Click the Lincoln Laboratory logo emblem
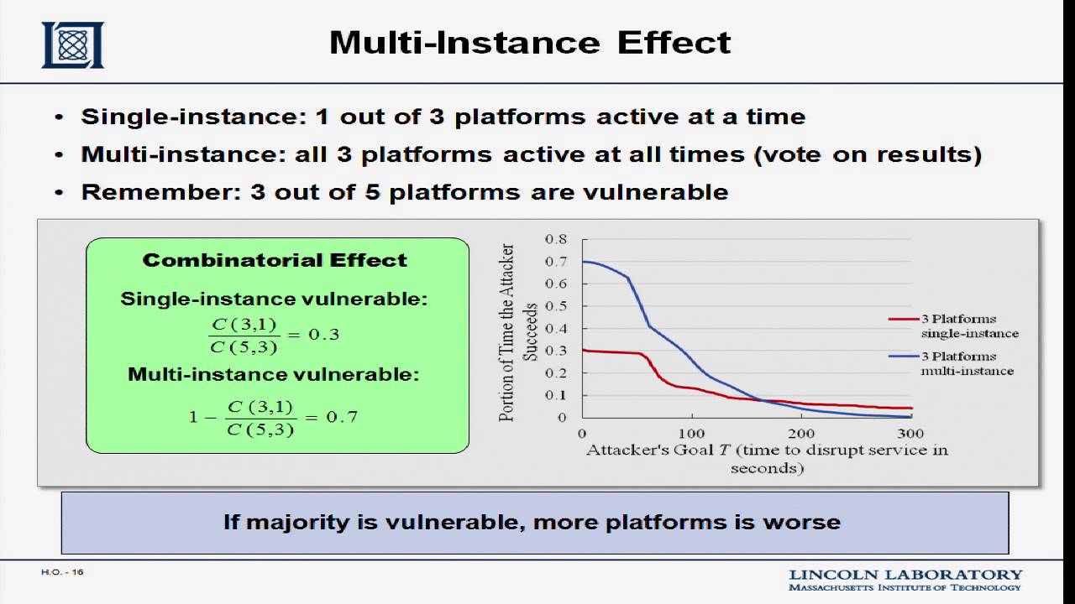[72, 44]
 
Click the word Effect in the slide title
[674, 43]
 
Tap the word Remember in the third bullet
[161, 192]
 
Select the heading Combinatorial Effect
[275, 260]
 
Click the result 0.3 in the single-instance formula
[324, 334]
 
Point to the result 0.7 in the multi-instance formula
[342, 417]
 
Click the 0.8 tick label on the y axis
[556, 239]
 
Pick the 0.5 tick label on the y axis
[556, 306]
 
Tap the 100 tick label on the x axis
[691, 434]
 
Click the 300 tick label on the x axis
[910, 434]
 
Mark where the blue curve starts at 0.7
[583, 262]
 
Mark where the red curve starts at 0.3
[583, 351]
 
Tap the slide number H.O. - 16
[62, 572]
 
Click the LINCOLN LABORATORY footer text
[905, 575]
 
